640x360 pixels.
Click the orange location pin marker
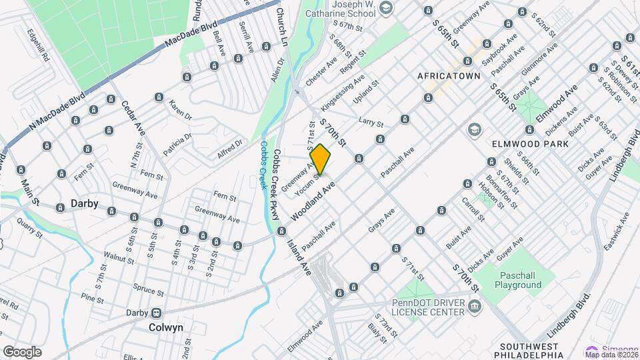click(x=321, y=160)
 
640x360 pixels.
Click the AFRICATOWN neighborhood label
click(x=449, y=76)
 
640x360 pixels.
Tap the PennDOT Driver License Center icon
click(x=474, y=306)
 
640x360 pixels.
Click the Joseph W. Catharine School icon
click(x=385, y=8)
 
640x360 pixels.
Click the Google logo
click(x=22, y=351)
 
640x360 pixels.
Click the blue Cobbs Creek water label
click(x=265, y=166)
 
